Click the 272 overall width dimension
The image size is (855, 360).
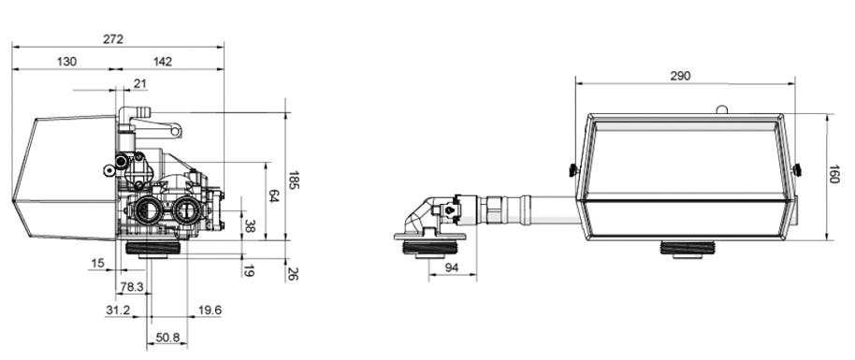[x=113, y=39]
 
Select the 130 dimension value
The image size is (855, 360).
[x=66, y=62]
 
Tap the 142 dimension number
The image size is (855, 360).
[x=163, y=62]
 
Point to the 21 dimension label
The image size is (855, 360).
[x=140, y=83]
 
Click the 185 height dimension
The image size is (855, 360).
[x=294, y=180]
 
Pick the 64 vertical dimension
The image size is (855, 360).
[x=274, y=196]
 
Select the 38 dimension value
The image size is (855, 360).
[x=249, y=226]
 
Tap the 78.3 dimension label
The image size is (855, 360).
[x=131, y=287]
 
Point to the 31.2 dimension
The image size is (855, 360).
[x=118, y=310]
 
